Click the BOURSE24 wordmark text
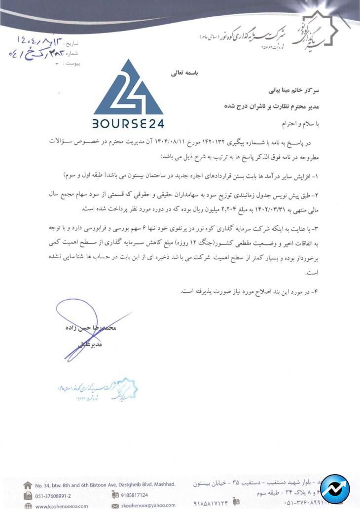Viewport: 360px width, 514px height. point(128,123)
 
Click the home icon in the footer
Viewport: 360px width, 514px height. point(28,485)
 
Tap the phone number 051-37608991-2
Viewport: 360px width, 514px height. point(53,496)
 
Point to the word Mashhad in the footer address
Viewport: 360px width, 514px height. point(163,484)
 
